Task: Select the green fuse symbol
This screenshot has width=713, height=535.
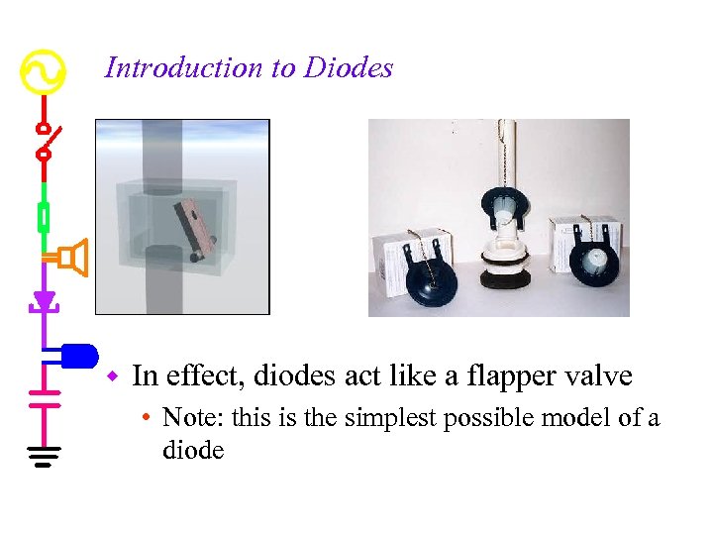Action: click(43, 216)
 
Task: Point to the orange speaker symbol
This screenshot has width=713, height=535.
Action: click(73, 258)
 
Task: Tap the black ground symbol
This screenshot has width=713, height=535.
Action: click(43, 457)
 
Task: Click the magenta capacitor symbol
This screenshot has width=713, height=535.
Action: click(43, 398)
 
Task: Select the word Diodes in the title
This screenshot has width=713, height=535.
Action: click(349, 67)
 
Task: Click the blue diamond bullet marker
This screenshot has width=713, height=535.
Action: click(114, 376)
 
